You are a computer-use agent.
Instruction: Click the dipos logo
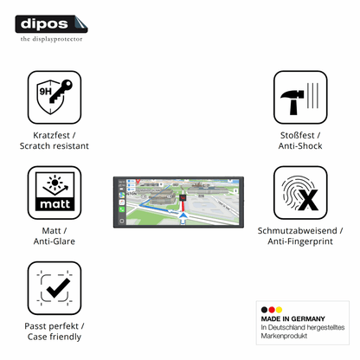tap(51, 24)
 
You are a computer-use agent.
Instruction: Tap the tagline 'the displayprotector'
tap(51, 39)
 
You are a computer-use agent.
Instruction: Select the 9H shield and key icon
tap(55, 98)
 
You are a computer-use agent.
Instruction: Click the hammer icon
tap(300, 98)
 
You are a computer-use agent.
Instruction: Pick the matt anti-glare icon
tap(55, 193)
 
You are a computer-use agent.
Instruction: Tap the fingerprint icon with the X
tap(300, 193)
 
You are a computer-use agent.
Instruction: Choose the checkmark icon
tap(55, 288)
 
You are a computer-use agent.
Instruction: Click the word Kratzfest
tap(51, 135)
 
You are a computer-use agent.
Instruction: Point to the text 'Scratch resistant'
tap(55, 146)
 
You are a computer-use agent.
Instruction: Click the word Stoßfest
tap(298, 135)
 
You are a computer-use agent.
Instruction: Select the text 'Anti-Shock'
tap(300, 146)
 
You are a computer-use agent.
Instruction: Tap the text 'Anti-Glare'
tap(55, 241)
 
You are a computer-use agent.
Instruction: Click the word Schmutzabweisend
tap(298, 231)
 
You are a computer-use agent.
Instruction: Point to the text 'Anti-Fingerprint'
tap(300, 241)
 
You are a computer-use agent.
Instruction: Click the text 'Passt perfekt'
tap(51, 326)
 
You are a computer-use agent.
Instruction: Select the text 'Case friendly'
tap(55, 337)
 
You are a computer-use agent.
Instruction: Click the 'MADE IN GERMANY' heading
tap(293, 318)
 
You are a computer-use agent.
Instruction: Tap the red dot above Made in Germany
tap(272, 310)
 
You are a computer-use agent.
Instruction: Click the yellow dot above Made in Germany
tap(279, 310)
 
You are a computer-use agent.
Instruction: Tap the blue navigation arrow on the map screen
tap(183, 216)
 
